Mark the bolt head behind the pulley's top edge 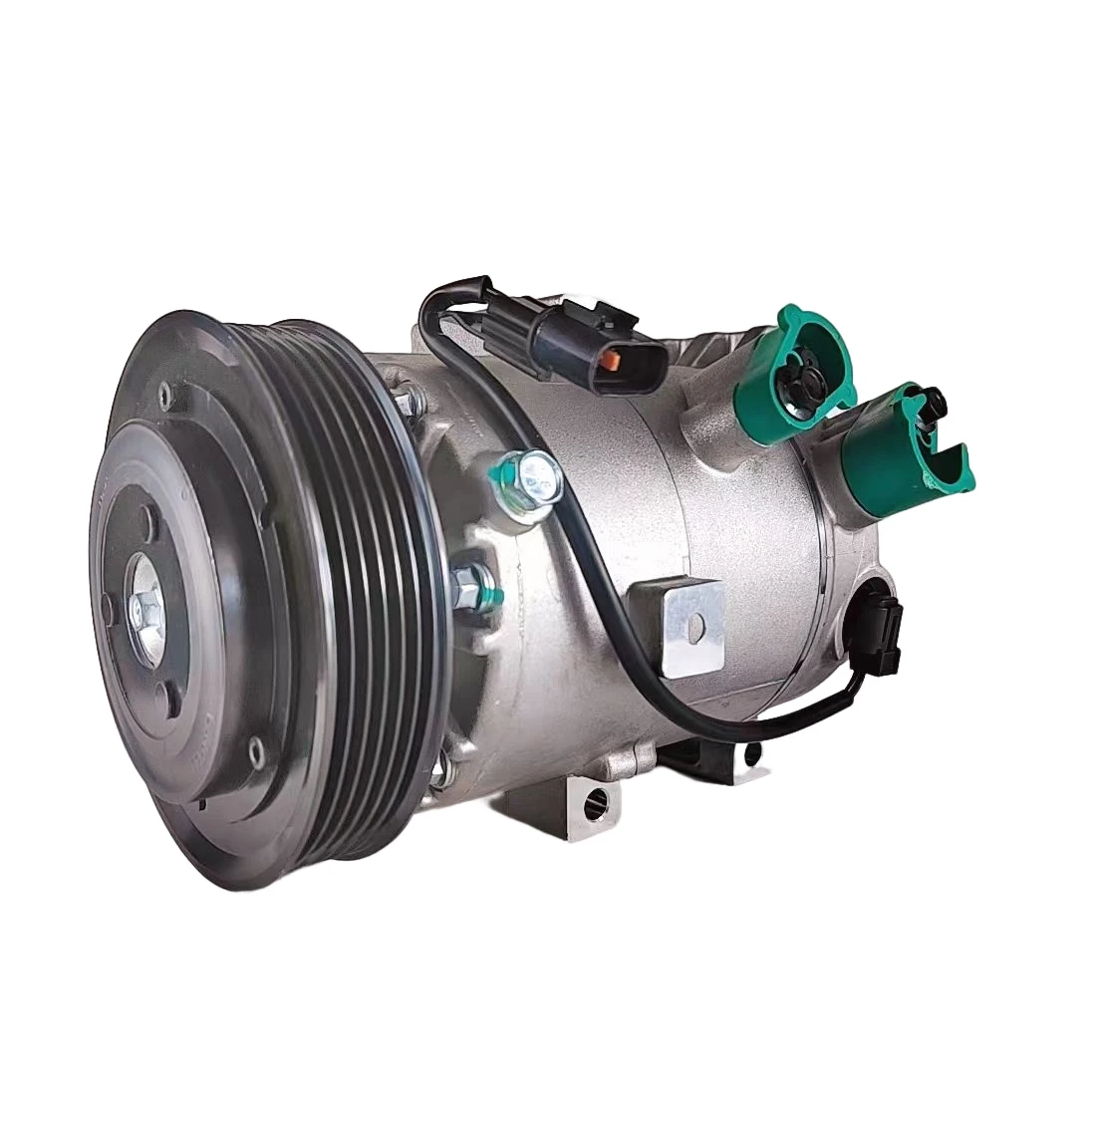406,402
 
